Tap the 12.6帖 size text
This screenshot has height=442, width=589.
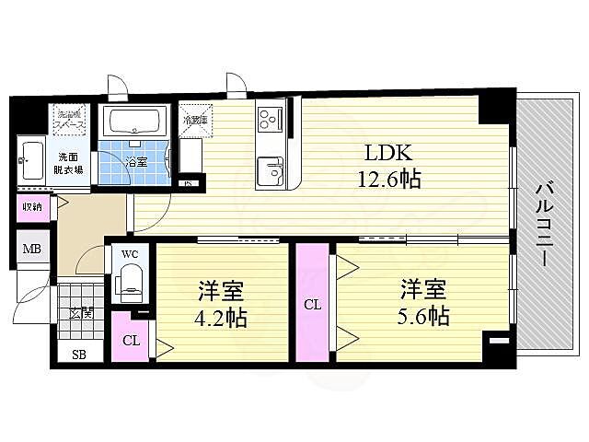point(388,179)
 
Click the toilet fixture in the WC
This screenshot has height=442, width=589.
point(130,281)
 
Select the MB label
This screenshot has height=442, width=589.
point(31,250)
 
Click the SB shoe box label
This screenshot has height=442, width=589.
point(69,355)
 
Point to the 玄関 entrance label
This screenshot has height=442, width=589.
point(80,313)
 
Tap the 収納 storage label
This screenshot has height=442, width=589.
point(31,206)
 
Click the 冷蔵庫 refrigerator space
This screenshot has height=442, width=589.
point(194,120)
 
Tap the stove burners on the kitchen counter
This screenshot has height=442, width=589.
point(270,118)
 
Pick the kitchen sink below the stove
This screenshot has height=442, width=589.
point(271,171)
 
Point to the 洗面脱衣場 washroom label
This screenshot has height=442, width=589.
point(70,162)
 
